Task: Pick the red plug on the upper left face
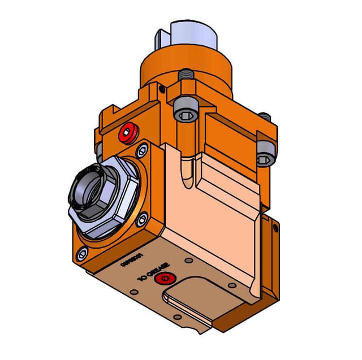(127, 134)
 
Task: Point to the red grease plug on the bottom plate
(164, 278)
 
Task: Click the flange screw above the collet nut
(141, 151)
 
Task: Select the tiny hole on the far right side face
(275, 228)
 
